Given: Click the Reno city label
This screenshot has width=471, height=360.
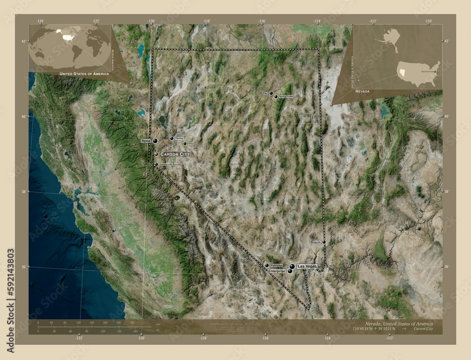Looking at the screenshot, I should tap(146, 141).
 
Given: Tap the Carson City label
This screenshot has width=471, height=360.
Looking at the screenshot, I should tap(175, 154).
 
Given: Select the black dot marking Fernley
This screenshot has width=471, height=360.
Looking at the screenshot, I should tap(171, 138).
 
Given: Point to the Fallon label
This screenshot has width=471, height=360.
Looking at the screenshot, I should tap(190, 144).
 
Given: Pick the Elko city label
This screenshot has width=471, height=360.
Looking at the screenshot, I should tap(265, 93).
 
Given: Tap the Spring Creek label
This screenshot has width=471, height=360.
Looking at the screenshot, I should tap(286, 96).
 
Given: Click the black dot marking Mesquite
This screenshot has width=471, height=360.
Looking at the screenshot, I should tap(324, 242).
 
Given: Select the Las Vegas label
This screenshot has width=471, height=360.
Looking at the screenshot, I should tap(307, 266).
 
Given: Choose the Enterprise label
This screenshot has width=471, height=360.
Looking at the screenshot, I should tap(276, 272).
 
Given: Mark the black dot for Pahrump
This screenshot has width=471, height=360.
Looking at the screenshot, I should tap(267, 265).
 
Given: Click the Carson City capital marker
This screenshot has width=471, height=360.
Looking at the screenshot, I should tap(156, 154).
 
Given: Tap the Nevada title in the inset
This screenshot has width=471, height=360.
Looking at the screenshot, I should tap(362, 90).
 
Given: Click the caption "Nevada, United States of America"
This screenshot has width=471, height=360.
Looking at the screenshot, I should tap(399, 324).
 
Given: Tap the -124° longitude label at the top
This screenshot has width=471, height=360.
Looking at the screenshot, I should tap(41, 21).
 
